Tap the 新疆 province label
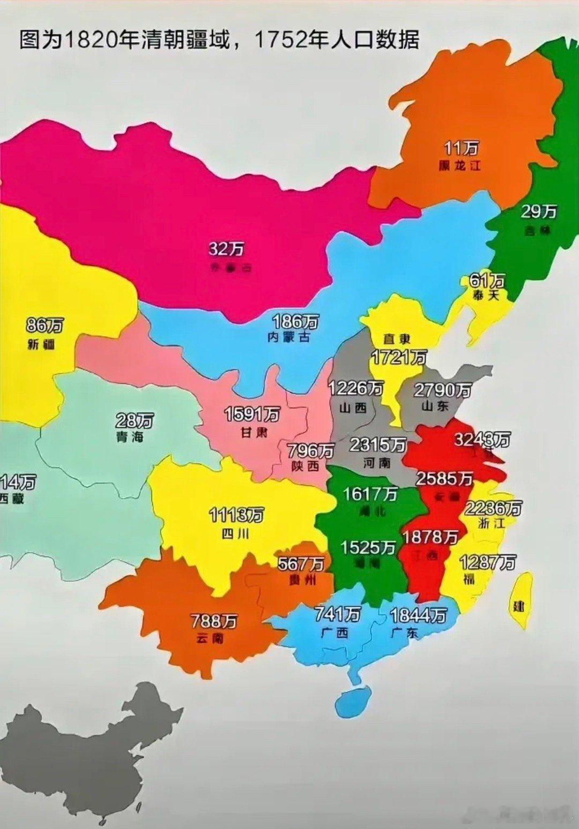[41, 344]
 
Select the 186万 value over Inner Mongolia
[295, 322]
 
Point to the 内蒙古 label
[289, 337]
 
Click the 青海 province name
[130, 436]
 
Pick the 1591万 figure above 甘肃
[252, 414]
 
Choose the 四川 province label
[235, 534]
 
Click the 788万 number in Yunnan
[214, 621]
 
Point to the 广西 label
[335, 632]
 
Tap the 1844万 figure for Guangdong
[418, 615]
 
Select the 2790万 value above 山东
[442, 390]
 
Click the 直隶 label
[397, 339]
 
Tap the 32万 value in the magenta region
[226, 249]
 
